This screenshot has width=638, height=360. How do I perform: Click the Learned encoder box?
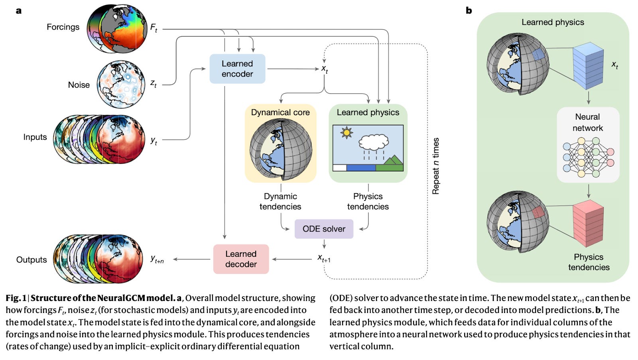237,69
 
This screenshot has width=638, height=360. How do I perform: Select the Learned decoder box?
241,259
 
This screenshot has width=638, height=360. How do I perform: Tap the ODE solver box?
324,229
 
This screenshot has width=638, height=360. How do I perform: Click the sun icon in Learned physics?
347,132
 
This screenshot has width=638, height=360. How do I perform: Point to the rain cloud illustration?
374,147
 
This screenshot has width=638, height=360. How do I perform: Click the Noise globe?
121,84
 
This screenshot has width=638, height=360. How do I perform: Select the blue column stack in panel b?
588,66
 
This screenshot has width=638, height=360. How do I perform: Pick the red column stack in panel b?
588,223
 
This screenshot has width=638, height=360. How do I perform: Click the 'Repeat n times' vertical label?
435,166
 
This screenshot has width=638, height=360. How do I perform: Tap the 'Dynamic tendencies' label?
280,201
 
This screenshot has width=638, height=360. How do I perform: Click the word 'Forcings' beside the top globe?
63,27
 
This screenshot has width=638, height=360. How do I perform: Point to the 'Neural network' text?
588,122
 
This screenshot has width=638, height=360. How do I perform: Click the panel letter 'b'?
469,10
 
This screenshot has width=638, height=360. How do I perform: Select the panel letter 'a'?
19,11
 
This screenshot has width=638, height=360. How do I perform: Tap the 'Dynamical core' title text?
280,112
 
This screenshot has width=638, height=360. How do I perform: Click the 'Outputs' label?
32,260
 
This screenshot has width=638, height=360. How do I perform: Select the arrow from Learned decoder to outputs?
192,259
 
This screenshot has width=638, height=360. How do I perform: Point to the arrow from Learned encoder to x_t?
293,69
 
